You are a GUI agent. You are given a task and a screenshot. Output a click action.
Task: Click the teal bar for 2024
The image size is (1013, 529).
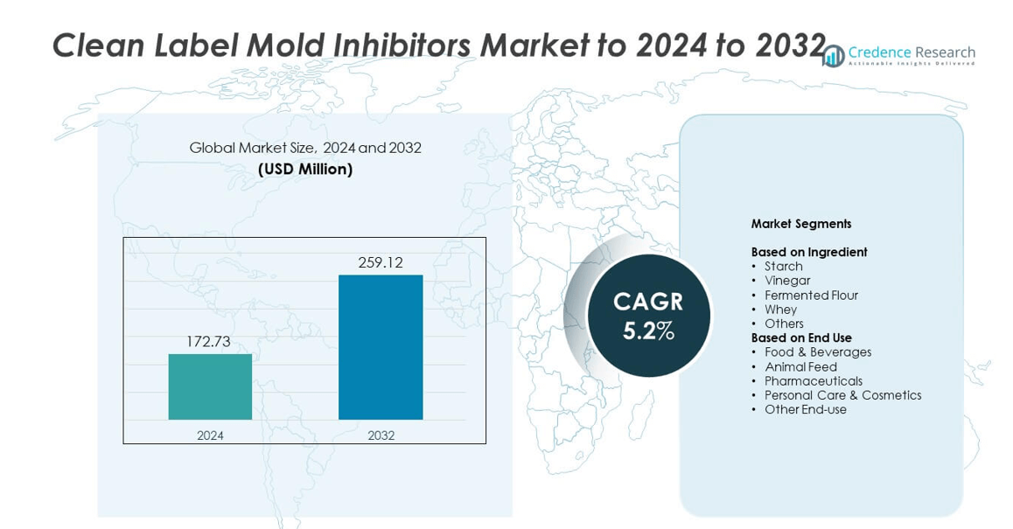point(210,386)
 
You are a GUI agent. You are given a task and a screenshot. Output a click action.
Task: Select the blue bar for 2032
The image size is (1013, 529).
point(381,347)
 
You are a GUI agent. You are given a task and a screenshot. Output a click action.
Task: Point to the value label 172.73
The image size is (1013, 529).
point(208,342)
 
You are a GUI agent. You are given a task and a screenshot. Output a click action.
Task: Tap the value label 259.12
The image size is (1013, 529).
point(381,262)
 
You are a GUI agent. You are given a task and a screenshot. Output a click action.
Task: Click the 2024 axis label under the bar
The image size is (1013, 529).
point(210,435)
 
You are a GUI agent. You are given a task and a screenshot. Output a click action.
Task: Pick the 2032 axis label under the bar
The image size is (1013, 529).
point(381,435)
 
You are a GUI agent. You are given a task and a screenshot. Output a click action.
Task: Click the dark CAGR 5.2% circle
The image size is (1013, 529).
point(648,316)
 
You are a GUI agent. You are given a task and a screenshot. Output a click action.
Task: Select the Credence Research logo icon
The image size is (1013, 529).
point(834,56)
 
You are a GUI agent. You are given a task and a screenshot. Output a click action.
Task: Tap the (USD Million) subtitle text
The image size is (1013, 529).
point(305,170)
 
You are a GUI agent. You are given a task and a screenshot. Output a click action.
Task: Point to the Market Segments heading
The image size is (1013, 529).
point(800,224)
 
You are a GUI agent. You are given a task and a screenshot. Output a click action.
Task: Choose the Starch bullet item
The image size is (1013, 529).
point(783,267)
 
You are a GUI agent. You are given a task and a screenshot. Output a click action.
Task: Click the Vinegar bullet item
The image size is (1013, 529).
point(787,281)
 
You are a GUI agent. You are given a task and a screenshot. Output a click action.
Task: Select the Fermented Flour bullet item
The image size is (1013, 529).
point(811,296)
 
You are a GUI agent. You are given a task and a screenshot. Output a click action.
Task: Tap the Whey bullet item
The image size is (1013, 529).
point(780,310)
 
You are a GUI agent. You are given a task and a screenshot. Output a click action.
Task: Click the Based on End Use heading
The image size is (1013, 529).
point(800,338)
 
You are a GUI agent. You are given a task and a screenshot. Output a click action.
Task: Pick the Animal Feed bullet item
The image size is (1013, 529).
point(800,367)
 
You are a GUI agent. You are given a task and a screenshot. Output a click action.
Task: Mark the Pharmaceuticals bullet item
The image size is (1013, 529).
point(813,381)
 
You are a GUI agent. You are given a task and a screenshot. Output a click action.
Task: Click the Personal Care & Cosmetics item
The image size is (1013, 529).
point(842,395)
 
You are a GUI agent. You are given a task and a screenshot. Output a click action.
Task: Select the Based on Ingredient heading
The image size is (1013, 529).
point(808,252)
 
